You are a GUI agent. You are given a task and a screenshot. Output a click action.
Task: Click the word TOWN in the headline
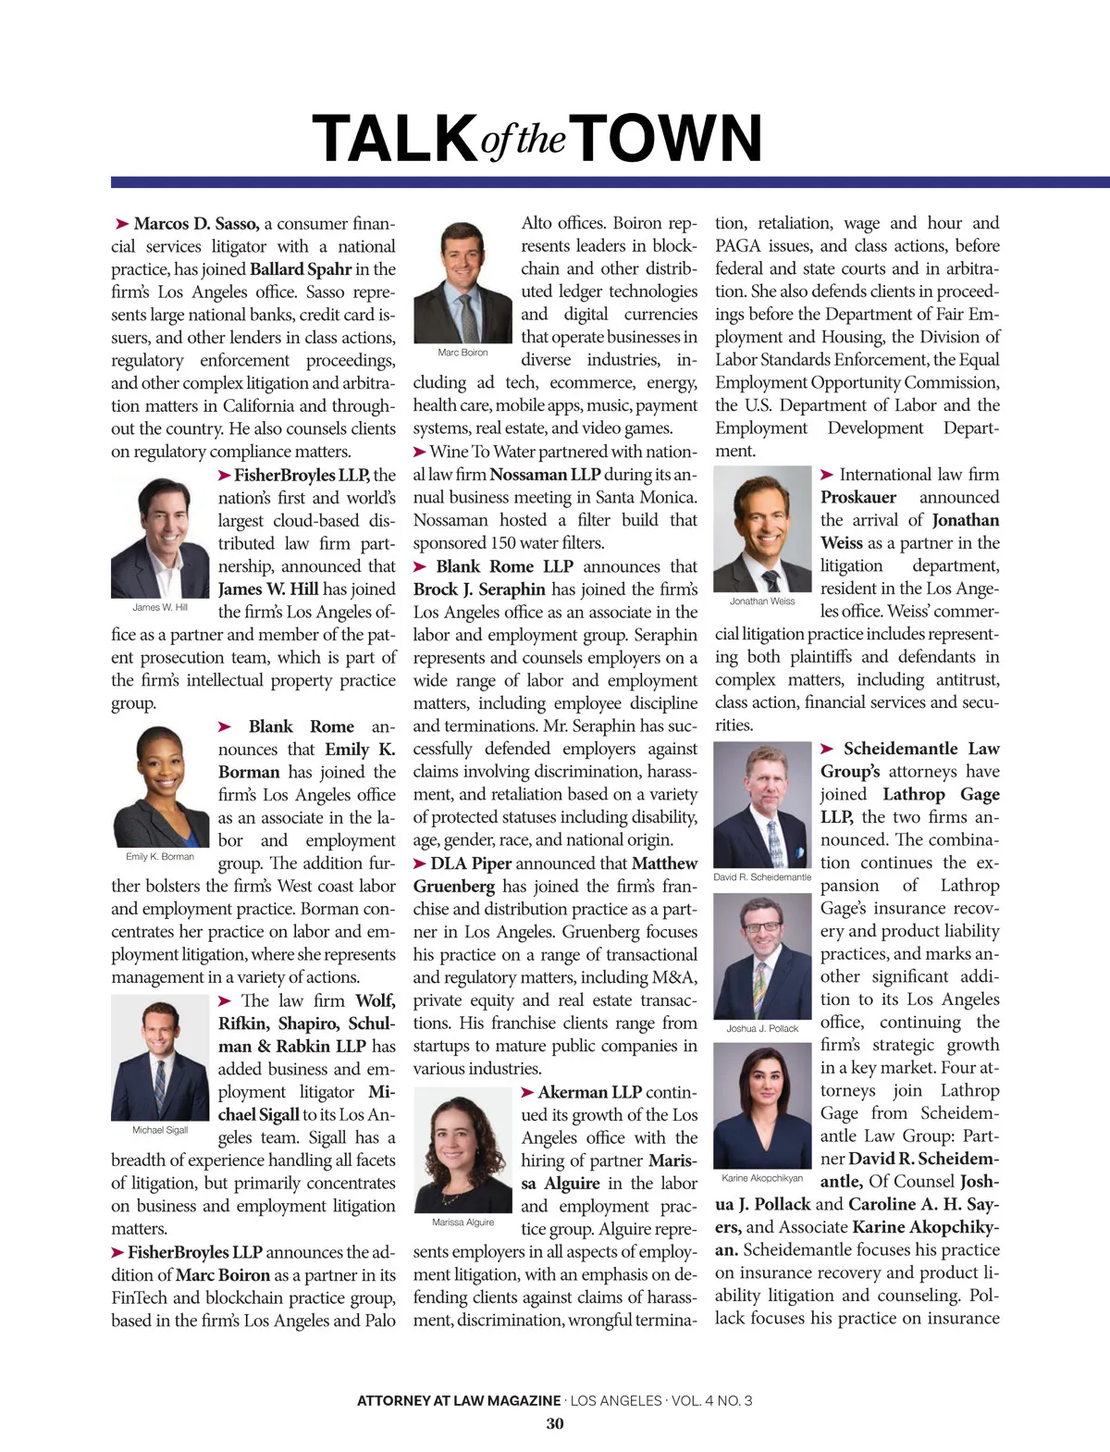pyautogui.click(x=671, y=138)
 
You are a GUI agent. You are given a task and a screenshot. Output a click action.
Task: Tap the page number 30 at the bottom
pyautogui.click(x=555, y=1423)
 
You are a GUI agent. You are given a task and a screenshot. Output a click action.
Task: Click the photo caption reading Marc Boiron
pyautogui.click(x=462, y=353)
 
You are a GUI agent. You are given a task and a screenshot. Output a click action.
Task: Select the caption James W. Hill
pyautogui.click(x=160, y=607)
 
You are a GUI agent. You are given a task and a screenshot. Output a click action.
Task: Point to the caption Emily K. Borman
pyautogui.click(x=160, y=856)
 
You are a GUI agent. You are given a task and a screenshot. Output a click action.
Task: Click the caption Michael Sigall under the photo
pyautogui.click(x=160, y=1130)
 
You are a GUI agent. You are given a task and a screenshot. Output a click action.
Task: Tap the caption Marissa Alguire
pyautogui.click(x=462, y=1222)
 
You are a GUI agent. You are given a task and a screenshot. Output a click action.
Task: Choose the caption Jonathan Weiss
pyautogui.click(x=762, y=601)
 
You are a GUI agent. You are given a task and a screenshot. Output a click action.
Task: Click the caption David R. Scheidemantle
pyautogui.click(x=762, y=876)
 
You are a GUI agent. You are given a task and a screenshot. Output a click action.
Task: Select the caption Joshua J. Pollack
pyautogui.click(x=762, y=1028)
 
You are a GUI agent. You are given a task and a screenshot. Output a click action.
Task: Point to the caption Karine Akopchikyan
pyautogui.click(x=762, y=1178)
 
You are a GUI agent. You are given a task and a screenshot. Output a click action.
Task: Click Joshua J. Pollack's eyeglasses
pyautogui.click(x=762, y=926)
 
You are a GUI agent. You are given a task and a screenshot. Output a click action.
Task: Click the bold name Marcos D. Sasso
pyautogui.click(x=196, y=224)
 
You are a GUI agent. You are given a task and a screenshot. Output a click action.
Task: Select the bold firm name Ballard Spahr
pyautogui.click(x=301, y=269)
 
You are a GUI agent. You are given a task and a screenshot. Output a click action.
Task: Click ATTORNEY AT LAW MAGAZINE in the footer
pyautogui.click(x=459, y=1400)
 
